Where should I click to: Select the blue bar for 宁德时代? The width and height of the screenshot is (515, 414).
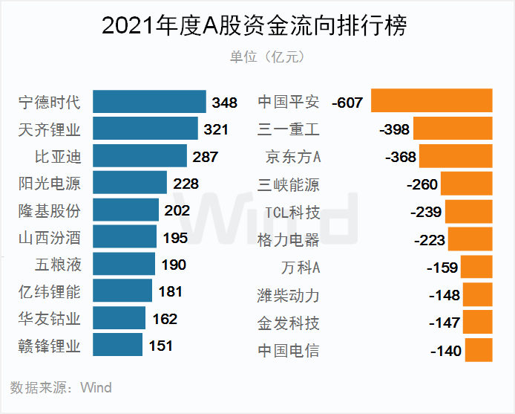pyautogui.click(x=149, y=102)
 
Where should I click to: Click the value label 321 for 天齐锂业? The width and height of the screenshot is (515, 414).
pyautogui.click(x=216, y=129)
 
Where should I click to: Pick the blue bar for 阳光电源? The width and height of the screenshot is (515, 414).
pyautogui.click(x=130, y=183)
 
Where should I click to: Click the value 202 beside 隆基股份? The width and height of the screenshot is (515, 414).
pyautogui.click(x=177, y=210)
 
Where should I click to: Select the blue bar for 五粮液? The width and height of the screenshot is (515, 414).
pyautogui.click(x=124, y=265)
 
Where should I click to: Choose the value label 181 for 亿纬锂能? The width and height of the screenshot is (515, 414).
pyautogui.click(x=171, y=291)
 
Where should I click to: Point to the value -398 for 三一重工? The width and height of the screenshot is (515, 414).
pyautogui.click(x=394, y=129)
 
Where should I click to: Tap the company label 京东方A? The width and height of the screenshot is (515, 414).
pyautogui.click(x=292, y=157)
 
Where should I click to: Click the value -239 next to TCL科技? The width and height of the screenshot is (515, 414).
pyautogui.click(x=427, y=212)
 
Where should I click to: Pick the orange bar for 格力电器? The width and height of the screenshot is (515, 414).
pyautogui.click(x=470, y=239)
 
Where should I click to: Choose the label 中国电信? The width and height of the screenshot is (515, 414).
pyautogui.click(x=288, y=350)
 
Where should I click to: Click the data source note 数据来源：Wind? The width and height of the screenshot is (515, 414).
pyautogui.click(x=61, y=387)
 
